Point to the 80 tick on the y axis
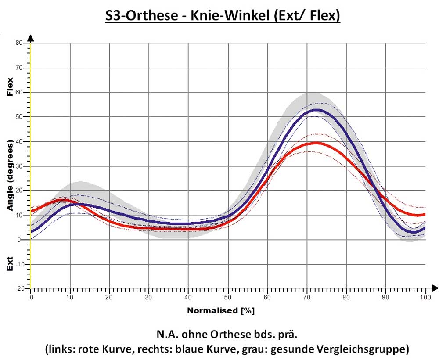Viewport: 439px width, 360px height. coord(30,43)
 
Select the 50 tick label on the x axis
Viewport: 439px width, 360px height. coord(228,297)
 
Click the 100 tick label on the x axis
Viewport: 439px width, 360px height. coord(425,297)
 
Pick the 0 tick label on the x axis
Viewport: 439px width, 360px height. coord(31,297)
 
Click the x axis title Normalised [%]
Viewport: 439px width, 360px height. coord(221,311)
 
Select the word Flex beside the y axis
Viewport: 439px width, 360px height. coord(10,86)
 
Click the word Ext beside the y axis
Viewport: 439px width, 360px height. coord(10,263)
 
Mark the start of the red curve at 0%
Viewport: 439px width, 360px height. coord(32,211)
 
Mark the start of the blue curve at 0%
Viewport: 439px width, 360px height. coord(32,232)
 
